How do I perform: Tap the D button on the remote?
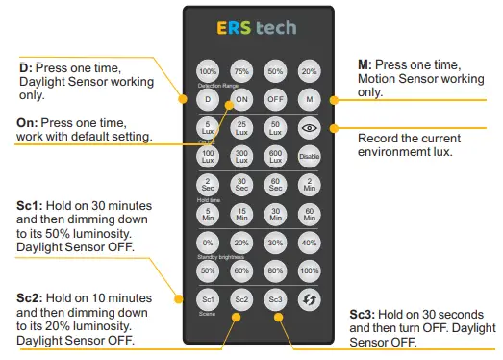pyautogui.click(x=208, y=98)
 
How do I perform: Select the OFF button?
pyautogui.click(x=275, y=98)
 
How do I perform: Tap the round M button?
pyautogui.click(x=309, y=98)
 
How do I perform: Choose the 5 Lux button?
pyautogui.click(x=208, y=126)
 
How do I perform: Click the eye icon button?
pyautogui.click(x=309, y=126)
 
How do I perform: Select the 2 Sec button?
pyautogui.click(x=208, y=186)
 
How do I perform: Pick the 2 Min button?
pyautogui.click(x=309, y=186)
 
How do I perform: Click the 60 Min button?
pyautogui.click(x=309, y=214)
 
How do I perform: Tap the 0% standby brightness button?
pyautogui.click(x=208, y=244)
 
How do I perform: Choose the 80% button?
pyautogui.click(x=275, y=272)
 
